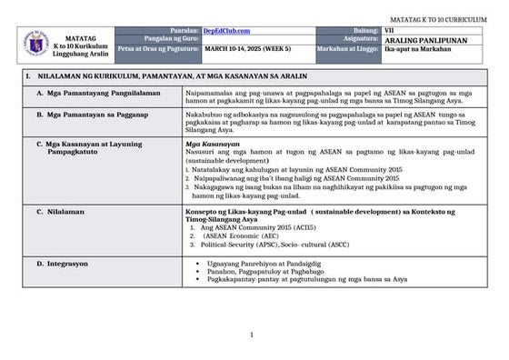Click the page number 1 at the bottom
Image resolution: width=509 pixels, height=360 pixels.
coord(254,335)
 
